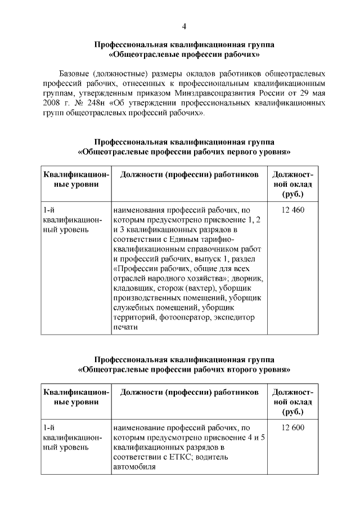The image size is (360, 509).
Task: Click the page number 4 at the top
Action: point(184,26)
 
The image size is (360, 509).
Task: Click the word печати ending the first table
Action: point(125,327)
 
